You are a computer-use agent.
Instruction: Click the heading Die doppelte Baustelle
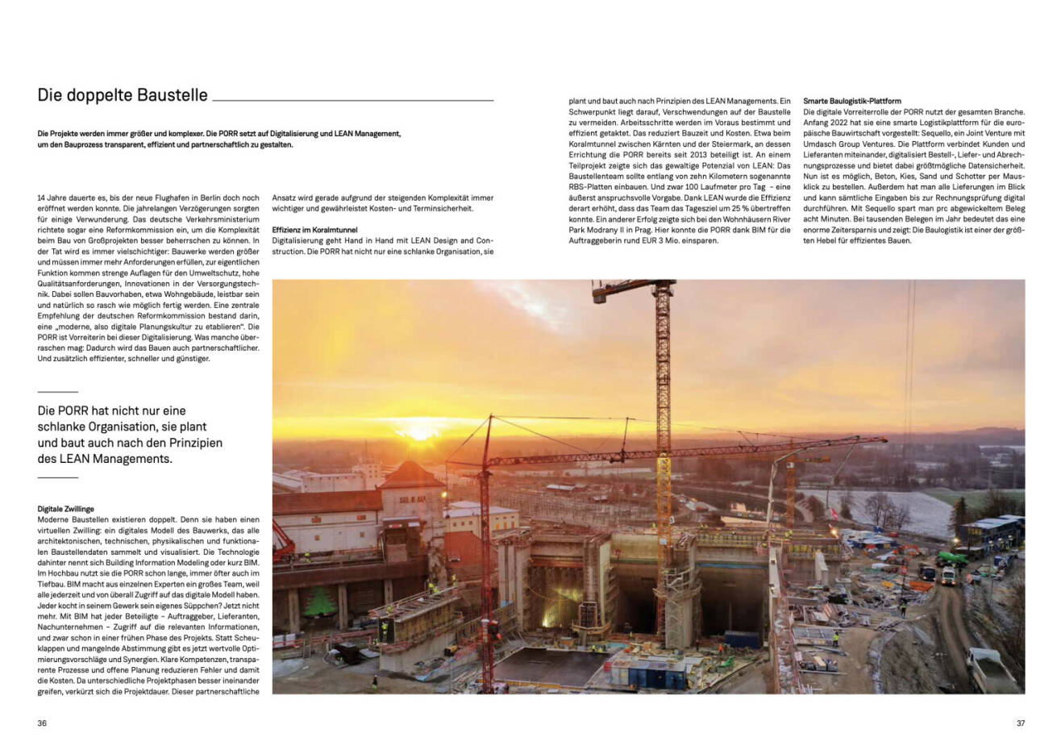[x=123, y=95]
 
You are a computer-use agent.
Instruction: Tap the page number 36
[x=42, y=723]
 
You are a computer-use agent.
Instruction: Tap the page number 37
[x=1020, y=723]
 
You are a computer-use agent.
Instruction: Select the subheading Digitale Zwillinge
[x=66, y=509]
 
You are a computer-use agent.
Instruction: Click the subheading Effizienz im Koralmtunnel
[x=315, y=230]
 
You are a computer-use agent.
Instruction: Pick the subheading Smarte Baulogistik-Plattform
[x=852, y=102]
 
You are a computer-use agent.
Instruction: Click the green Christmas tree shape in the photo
[x=320, y=602]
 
